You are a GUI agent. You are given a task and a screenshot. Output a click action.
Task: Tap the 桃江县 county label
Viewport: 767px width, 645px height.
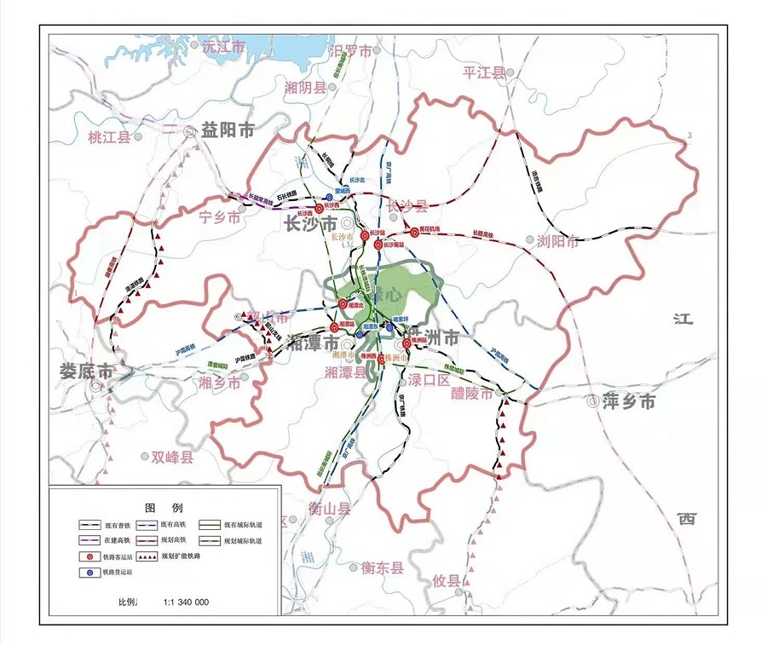pos(110,137)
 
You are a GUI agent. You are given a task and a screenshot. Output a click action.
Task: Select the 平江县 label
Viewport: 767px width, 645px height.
pos(483,72)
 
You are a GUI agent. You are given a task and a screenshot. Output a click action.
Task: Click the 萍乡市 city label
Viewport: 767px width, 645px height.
pos(630,401)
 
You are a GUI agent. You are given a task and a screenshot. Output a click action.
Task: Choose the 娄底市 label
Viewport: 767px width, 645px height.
pos(85,371)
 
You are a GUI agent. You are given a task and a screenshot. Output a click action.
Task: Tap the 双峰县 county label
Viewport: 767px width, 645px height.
pos(173,458)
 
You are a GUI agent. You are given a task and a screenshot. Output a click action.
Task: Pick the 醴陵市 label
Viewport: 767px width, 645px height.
pos(472,394)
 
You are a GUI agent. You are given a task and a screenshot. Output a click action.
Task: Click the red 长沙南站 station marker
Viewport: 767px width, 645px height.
pos(378,245)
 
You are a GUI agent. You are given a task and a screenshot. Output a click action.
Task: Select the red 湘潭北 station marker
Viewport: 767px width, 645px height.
pos(343,303)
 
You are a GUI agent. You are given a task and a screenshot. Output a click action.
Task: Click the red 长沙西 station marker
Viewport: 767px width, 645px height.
pos(319,208)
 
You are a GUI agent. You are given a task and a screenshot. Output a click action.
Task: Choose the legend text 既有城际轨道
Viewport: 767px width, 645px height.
pos(243,525)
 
